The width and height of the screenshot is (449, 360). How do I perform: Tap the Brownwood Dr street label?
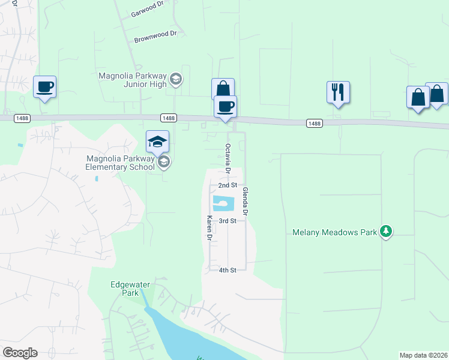click(155, 37)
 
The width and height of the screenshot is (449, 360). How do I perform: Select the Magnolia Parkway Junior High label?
click(133, 79)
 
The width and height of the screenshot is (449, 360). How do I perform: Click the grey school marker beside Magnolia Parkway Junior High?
click(176, 79)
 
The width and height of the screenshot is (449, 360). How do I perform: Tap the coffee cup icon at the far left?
click(45, 86)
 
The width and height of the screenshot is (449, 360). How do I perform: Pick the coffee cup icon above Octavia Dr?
click(226, 106)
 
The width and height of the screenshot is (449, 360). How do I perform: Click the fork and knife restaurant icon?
click(338, 92)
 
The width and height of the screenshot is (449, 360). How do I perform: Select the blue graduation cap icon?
click(157, 142)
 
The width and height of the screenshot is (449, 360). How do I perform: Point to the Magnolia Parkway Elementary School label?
click(120, 163)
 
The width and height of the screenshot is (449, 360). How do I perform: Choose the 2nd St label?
click(228, 185)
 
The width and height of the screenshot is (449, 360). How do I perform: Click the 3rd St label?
click(228, 221)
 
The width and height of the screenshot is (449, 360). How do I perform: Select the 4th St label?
click(228, 270)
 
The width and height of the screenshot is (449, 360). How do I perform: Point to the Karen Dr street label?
click(209, 229)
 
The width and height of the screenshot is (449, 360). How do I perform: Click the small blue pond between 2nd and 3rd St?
click(222, 204)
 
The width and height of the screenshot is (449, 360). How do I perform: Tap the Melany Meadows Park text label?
click(335, 232)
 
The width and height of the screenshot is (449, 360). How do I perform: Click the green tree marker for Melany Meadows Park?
click(387, 232)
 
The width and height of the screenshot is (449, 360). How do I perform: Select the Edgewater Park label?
click(124, 289)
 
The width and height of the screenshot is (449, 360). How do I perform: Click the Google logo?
click(20, 353)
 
